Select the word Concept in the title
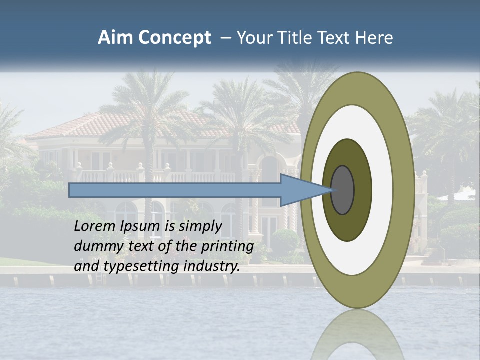point(175,37)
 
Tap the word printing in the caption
point(226,247)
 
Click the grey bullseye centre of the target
point(342,190)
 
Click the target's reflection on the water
point(357,335)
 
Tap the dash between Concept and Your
point(225,38)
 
